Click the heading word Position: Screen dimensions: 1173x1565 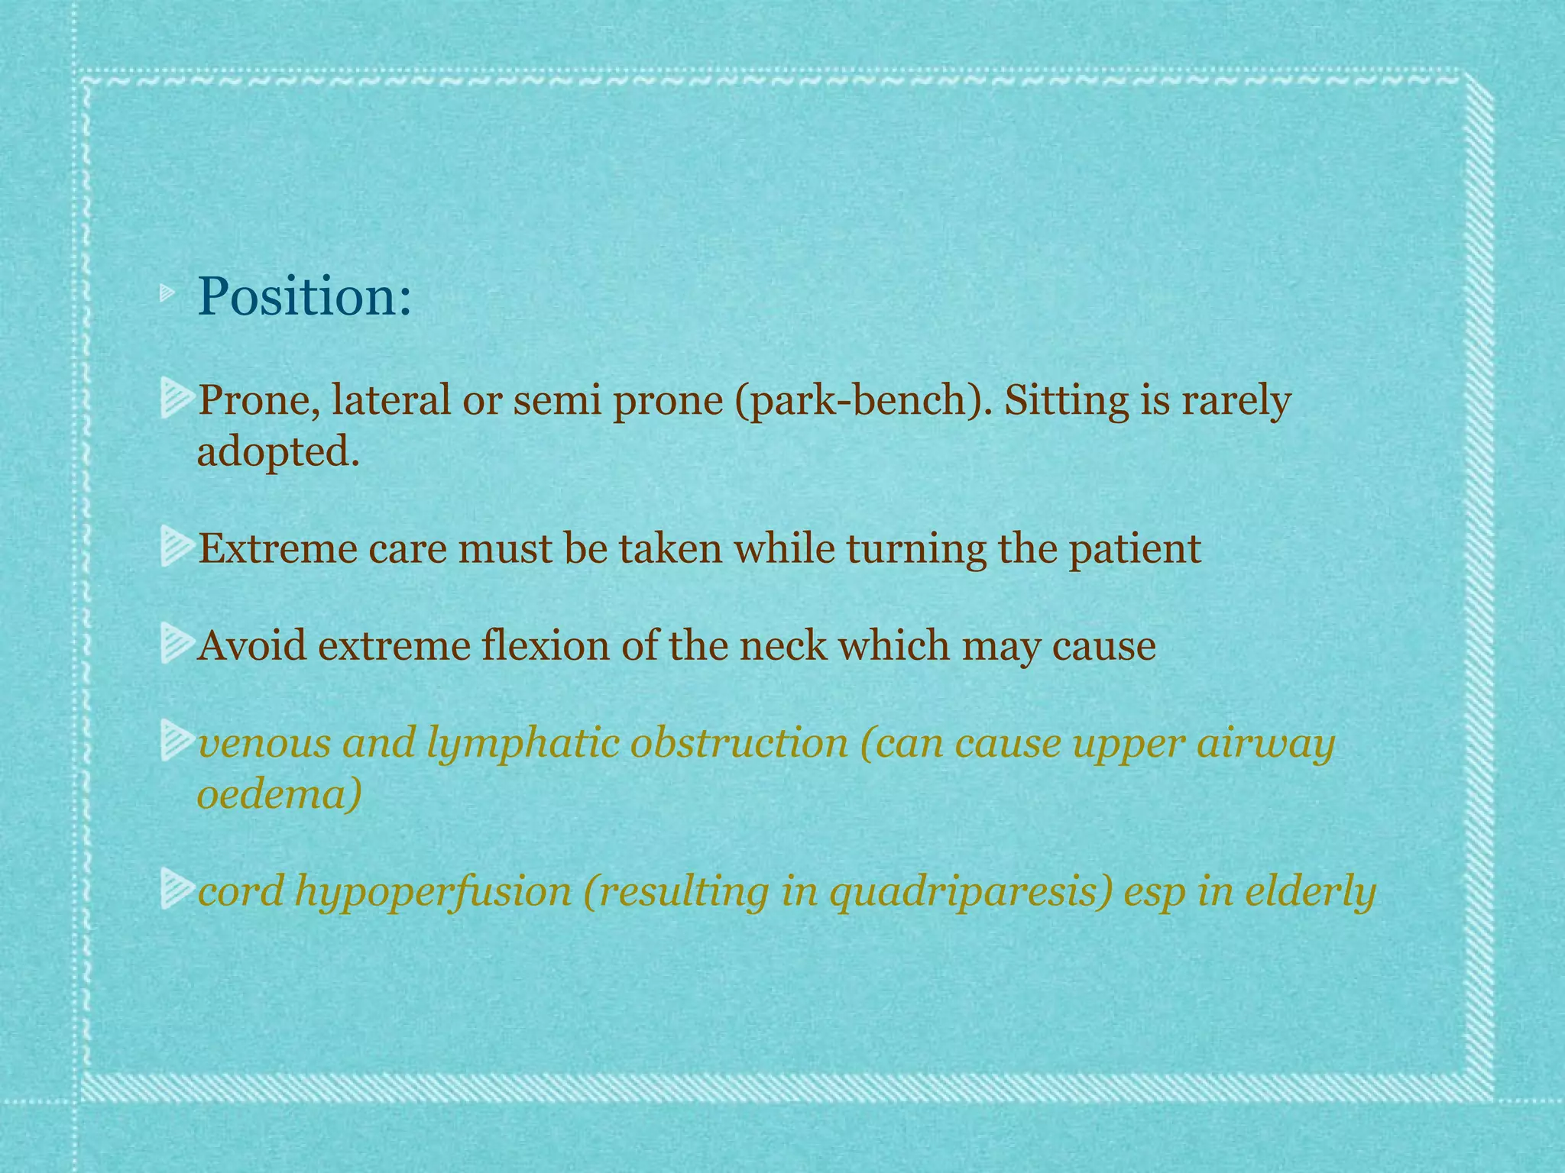pyautogui.click(x=304, y=296)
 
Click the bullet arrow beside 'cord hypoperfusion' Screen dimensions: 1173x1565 pyautogui.click(x=176, y=892)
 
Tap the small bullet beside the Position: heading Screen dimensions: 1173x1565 pyautogui.click(x=167, y=292)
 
